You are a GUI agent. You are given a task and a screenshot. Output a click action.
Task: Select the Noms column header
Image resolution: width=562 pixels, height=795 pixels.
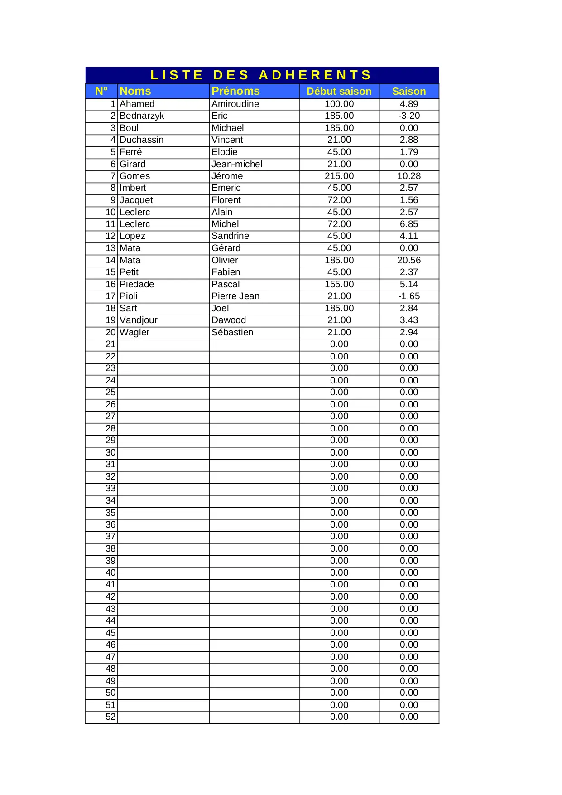135,91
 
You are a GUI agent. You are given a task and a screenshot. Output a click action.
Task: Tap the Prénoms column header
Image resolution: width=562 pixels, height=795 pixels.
235,91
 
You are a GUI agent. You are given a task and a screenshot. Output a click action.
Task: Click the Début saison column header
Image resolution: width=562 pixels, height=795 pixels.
339,91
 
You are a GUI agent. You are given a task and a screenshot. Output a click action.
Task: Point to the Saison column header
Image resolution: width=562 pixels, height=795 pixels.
408,91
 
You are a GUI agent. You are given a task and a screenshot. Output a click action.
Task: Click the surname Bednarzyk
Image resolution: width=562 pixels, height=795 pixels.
142,116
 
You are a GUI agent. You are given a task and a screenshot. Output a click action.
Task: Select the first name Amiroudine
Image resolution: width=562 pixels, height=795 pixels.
235,104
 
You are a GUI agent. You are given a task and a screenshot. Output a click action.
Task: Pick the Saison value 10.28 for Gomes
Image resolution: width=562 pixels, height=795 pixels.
408,176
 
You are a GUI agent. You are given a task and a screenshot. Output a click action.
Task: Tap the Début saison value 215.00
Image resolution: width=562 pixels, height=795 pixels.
339,176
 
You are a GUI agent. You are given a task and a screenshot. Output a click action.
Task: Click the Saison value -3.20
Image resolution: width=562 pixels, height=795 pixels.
408,116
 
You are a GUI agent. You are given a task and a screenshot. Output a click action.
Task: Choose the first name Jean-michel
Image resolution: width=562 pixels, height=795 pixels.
237,164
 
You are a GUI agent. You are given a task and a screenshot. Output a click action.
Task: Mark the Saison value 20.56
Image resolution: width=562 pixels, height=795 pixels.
408,260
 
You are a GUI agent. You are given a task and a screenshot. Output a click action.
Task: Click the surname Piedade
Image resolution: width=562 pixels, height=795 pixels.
137,284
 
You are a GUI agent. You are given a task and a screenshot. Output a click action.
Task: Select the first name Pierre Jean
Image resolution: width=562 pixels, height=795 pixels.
235,296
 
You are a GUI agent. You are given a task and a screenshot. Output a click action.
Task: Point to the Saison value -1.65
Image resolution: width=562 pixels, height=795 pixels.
408,296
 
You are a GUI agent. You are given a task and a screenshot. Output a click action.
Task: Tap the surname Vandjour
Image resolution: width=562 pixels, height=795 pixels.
139,320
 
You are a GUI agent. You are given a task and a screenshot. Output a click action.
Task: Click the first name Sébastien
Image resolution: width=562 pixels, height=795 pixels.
232,332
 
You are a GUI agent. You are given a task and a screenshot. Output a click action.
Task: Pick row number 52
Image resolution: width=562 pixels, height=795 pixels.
110,717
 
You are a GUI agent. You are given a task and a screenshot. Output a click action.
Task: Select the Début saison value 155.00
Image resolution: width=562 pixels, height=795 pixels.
339,284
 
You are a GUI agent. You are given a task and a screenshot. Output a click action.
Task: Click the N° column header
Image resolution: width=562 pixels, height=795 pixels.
101,91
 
